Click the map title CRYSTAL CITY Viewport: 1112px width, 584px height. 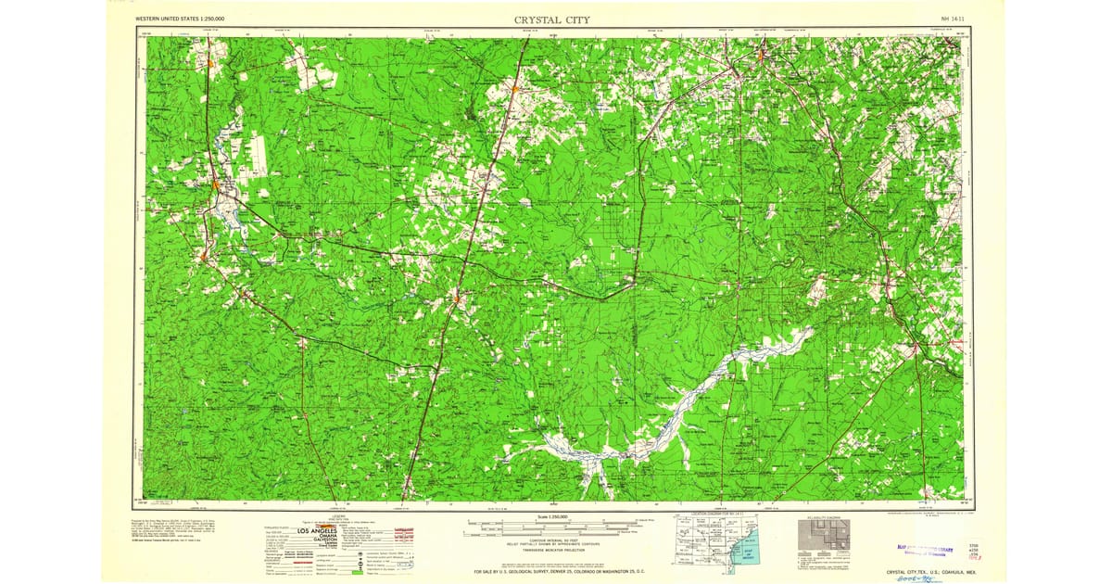coord(551,19)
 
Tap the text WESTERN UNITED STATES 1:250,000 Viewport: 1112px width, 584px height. coord(180,19)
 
